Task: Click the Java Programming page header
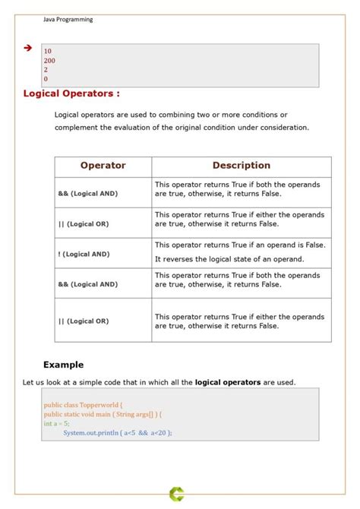68,20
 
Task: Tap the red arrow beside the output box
28,48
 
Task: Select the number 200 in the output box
49,60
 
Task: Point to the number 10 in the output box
48,51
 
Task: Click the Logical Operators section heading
71,93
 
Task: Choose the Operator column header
103,165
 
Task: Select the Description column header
241,165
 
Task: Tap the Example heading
63,365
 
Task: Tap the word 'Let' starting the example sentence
28,381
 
